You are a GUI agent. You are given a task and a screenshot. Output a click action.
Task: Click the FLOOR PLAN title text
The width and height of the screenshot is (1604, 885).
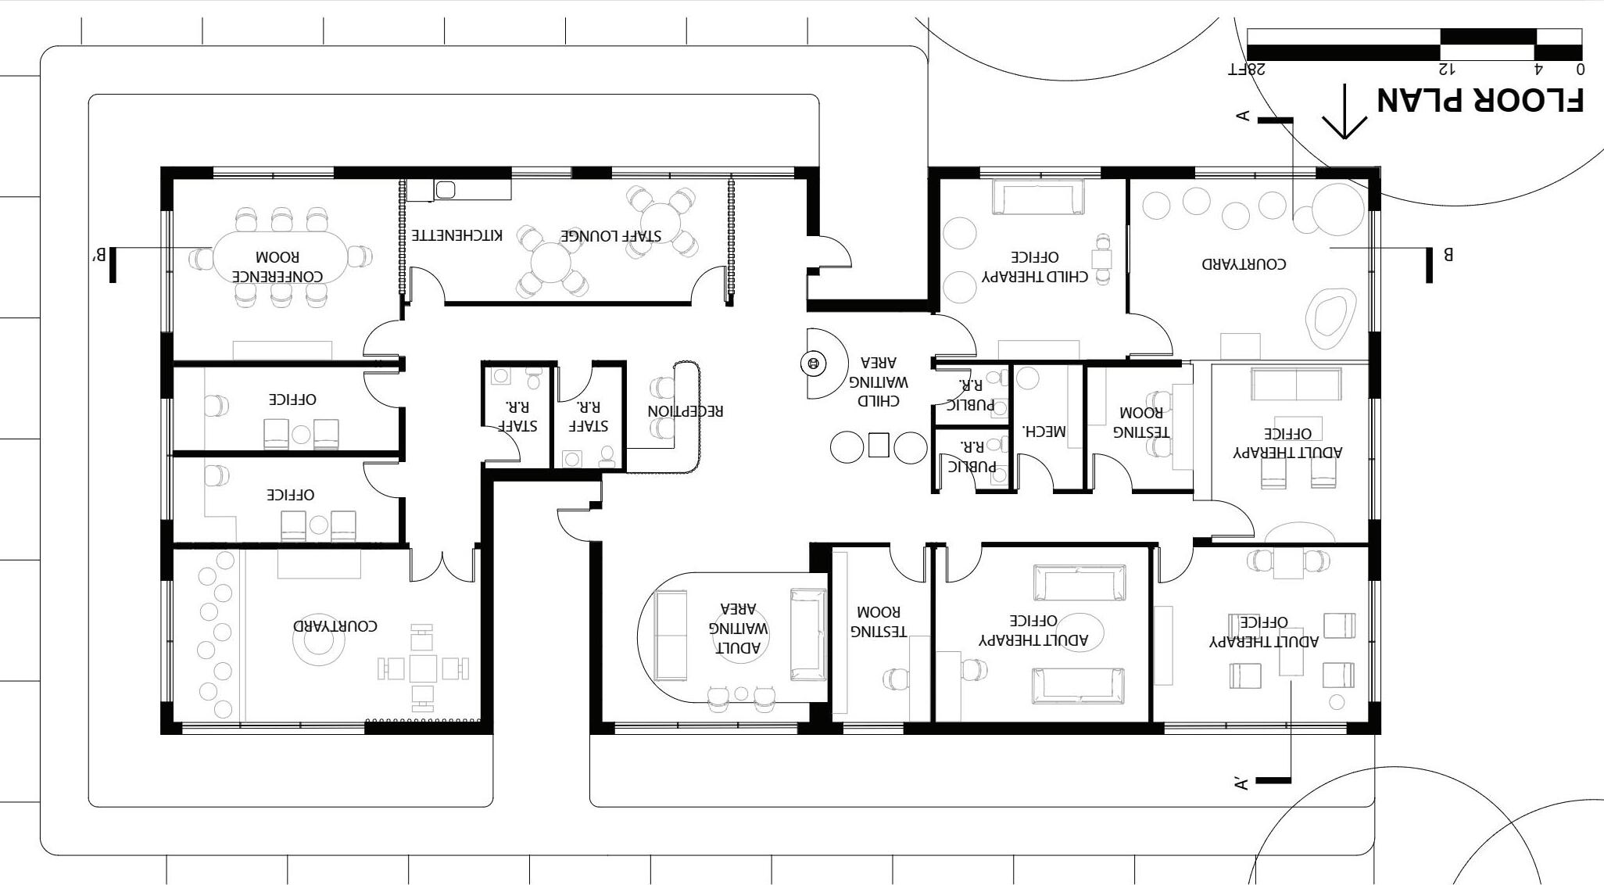(x=1480, y=100)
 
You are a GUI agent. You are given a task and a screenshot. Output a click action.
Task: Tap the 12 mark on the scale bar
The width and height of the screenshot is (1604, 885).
(x=1448, y=69)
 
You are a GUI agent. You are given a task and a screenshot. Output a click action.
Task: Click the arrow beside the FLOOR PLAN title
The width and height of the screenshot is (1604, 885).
(x=1344, y=112)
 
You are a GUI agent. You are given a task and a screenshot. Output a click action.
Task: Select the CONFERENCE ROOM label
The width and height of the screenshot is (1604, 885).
(x=277, y=267)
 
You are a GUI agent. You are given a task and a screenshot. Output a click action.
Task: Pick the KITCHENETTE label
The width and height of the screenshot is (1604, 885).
(x=457, y=235)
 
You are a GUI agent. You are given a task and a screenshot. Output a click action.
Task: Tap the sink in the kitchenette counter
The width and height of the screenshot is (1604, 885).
(x=446, y=189)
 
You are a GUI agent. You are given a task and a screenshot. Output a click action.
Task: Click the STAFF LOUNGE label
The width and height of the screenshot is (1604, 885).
(x=610, y=235)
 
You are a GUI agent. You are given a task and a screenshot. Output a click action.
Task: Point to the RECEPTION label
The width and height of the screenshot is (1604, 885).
(x=686, y=410)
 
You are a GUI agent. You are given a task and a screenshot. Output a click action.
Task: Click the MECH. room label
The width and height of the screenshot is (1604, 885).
(x=1044, y=430)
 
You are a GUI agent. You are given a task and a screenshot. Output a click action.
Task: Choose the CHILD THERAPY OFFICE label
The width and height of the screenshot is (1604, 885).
(x=1036, y=267)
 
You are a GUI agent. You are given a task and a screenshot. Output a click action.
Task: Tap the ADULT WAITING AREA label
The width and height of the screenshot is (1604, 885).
(x=739, y=628)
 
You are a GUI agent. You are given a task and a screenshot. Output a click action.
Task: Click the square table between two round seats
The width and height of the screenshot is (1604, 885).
(x=878, y=446)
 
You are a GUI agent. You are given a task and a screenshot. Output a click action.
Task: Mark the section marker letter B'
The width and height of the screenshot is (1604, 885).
(x=99, y=255)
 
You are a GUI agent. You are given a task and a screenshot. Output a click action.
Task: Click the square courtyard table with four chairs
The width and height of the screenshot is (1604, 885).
(x=423, y=668)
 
